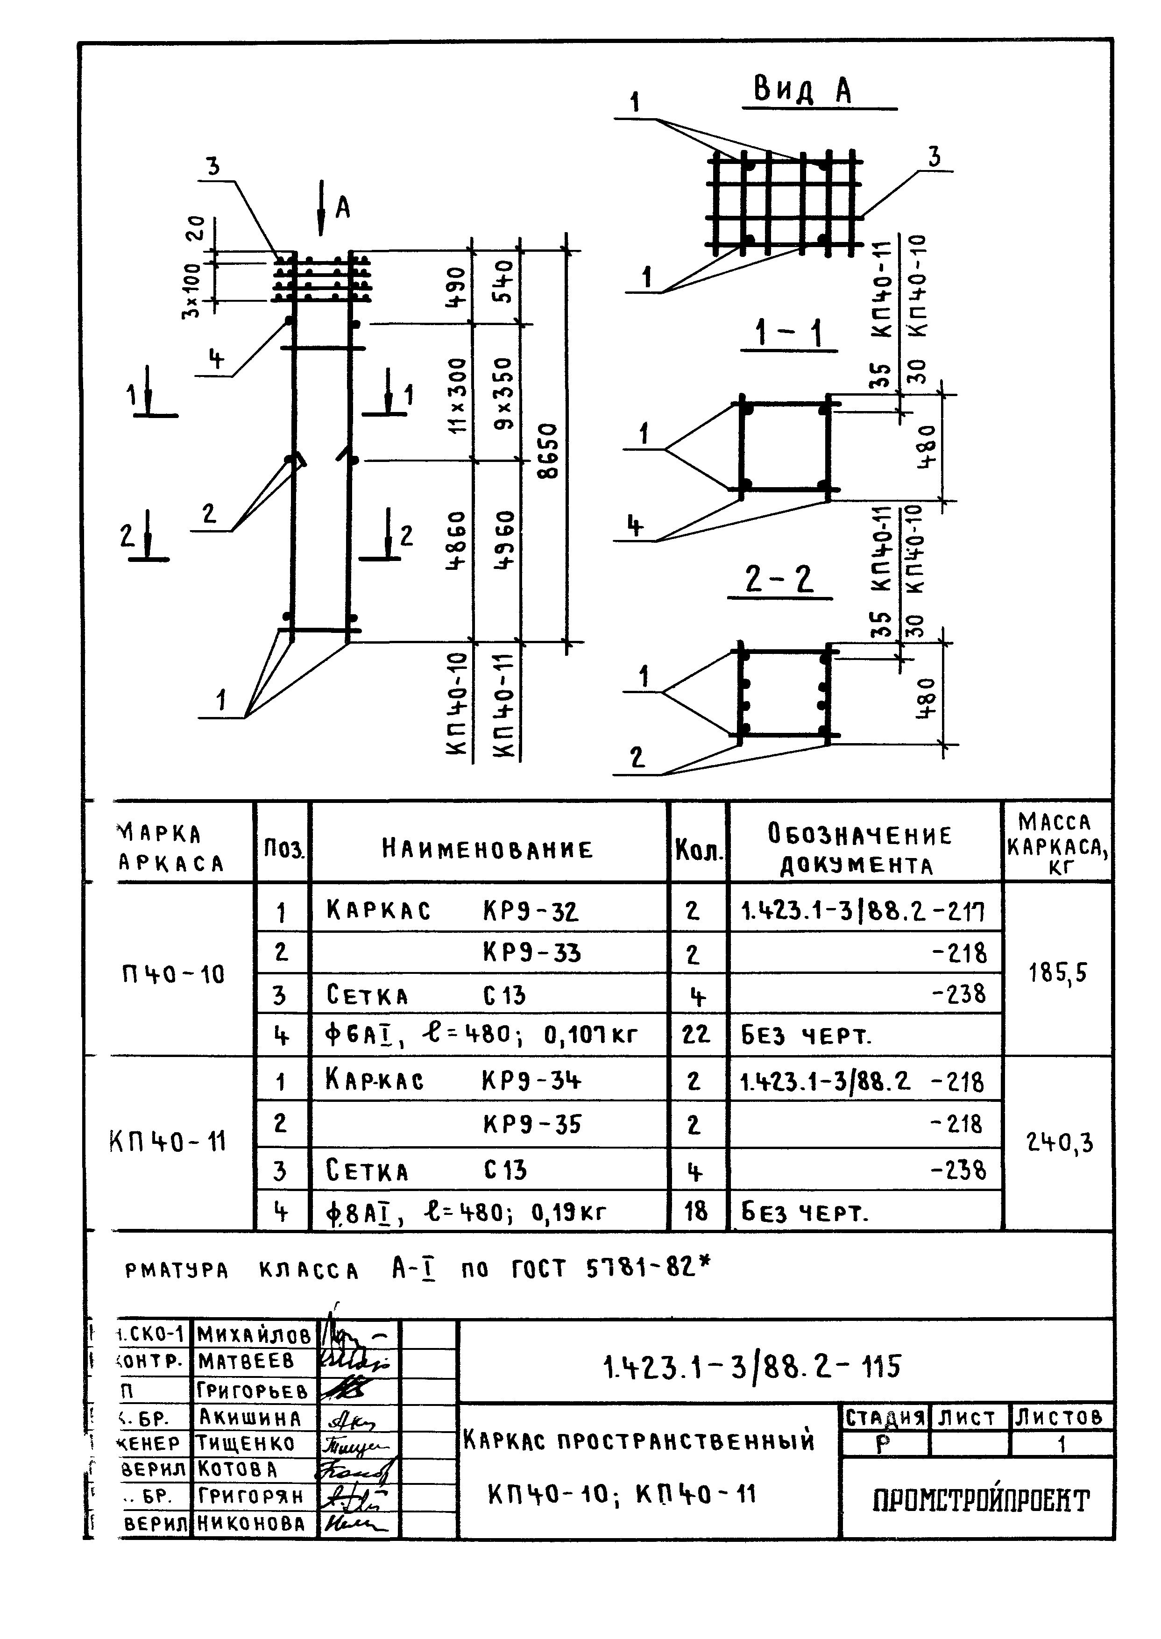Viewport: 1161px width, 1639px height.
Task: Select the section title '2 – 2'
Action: pyautogui.click(x=779, y=579)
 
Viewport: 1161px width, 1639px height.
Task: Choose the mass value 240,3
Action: pyautogui.click(x=1060, y=1143)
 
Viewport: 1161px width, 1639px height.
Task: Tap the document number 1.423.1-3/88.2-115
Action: pyautogui.click(x=752, y=1367)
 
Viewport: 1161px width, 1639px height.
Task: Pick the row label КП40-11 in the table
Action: pyautogui.click(x=168, y=1142)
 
